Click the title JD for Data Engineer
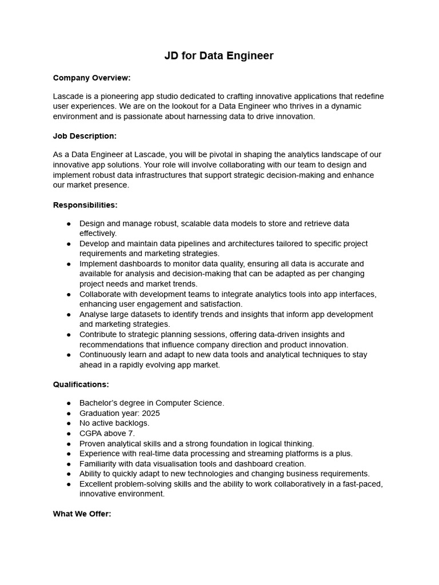[x=219, y=55]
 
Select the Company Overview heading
[x=91, y=77]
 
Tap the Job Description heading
[x=85, y=136]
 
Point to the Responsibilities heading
[x=85, y=205]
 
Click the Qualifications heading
[x=81, y=384]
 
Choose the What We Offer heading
[x=82, y=514]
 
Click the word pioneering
[x=122, y=96]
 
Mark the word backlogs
[x=131, y=423]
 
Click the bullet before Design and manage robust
[x=69, y=223]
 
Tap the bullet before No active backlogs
[x=69, y=423]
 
